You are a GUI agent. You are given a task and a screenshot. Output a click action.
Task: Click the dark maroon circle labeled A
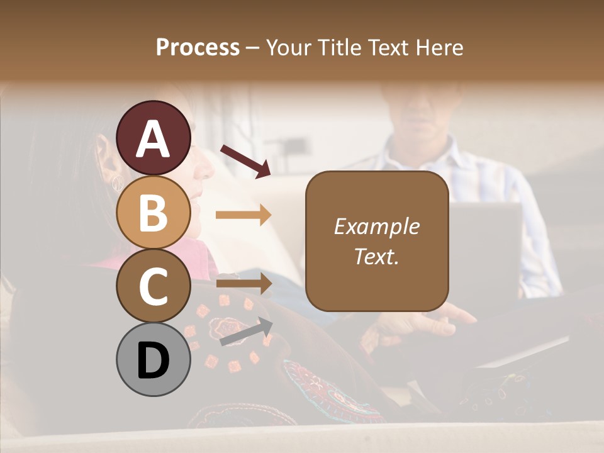(x=154, y=138)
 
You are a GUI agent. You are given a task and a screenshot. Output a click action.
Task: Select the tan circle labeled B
(x=154, y=212)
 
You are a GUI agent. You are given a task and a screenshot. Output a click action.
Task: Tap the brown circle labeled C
(x=154, y=286)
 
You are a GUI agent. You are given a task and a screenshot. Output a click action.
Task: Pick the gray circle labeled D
(x=154, y=359)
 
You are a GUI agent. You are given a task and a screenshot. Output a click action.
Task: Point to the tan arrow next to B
(x=243, y=215)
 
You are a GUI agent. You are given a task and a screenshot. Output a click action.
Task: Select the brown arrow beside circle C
(x=243, y=284)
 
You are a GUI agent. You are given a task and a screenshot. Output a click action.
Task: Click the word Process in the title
(x=198, y=48)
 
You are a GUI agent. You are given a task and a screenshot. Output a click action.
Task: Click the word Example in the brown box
(x=376, y=226)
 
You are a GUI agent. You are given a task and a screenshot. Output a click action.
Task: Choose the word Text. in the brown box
(x=376, y=257)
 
